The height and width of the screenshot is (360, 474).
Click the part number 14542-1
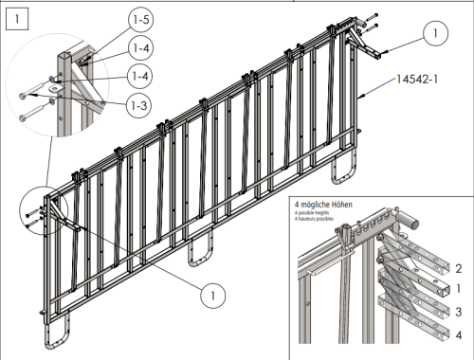click(x=418, y=82)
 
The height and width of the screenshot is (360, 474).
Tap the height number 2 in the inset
click(x=458, y=268)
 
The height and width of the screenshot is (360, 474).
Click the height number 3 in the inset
click(x=458, y=311)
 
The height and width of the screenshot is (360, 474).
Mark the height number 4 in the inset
click(x=458, y=333)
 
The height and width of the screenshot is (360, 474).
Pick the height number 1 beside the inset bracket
click(x=458, y=288)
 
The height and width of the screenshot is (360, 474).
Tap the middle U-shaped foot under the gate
click(x=199, y=254)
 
